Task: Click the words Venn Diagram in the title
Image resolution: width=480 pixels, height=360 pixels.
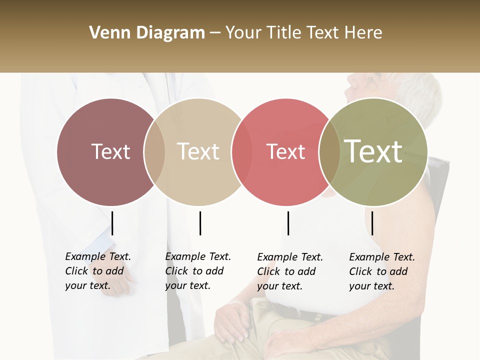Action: [146, 33]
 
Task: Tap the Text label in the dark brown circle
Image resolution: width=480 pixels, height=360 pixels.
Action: [110, 151]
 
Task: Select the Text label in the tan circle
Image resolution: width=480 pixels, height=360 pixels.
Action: [198, 151]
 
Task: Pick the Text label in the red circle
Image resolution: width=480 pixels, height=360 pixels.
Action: [285, 151]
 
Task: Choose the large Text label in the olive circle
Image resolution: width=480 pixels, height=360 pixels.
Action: [373, 151]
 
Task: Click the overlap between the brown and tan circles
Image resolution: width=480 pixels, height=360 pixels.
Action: [154, 152]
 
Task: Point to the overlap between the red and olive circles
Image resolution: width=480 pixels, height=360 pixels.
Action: [329, 152]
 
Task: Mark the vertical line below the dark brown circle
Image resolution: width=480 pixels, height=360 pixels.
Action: [112, 223]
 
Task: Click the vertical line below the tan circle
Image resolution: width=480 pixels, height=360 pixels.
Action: [200, 223]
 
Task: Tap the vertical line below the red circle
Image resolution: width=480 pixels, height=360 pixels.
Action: [288, 223]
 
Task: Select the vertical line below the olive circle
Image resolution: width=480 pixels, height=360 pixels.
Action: [372, 223]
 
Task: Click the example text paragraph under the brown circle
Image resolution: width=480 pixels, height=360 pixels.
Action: [97, 271]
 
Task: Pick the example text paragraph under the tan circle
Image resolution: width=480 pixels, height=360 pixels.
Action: [197, 271]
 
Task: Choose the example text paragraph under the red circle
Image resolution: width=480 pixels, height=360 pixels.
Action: [289, 271]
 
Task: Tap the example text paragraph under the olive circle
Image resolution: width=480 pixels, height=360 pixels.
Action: [381, 271]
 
